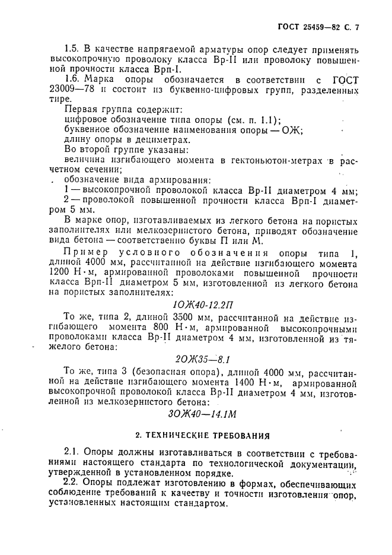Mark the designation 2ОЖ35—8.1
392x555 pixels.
tap(202, 359)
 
